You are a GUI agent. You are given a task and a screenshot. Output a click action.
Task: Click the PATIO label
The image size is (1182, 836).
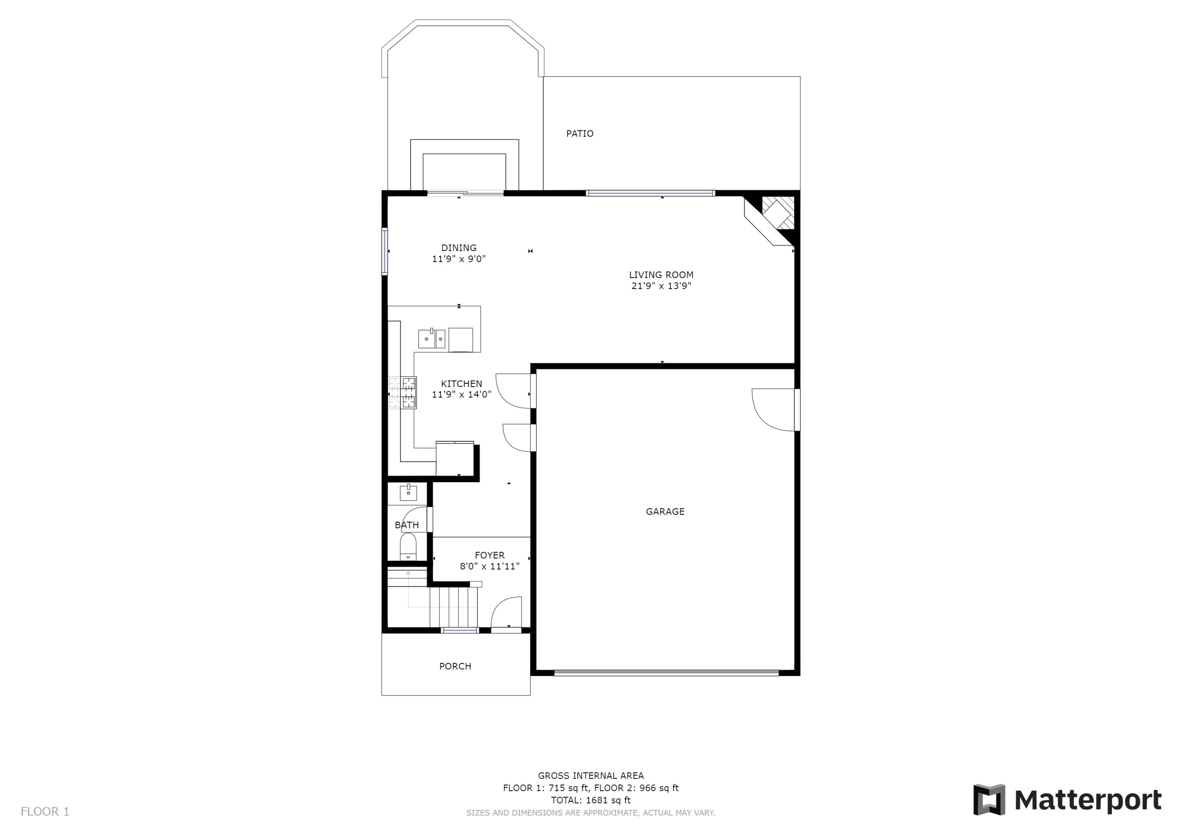(x=580, y=133)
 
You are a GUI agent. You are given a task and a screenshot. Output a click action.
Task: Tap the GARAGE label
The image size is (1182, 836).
(x=665, y=512)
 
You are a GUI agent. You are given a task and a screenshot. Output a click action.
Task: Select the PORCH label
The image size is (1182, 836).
(x=455, y=666)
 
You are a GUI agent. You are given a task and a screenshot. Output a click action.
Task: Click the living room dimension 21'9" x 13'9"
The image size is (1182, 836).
(x=661, y=286)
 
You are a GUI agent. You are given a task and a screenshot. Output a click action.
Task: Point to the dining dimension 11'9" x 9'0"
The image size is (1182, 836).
(x=459, y=259)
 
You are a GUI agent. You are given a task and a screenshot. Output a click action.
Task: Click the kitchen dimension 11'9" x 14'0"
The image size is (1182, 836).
(x=461, y=395)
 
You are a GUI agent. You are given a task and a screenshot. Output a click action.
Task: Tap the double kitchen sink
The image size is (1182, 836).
(x=431, y=339)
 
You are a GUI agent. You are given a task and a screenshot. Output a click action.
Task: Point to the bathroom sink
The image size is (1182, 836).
(x=408, y=493)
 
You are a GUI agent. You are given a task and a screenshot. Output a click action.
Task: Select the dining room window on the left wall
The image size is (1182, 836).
(x=384, y=251)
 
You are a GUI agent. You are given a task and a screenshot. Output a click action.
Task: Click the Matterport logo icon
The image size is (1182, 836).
(x=989, y=800)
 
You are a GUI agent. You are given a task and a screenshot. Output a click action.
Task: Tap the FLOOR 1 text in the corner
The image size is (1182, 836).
(x=45, y=812)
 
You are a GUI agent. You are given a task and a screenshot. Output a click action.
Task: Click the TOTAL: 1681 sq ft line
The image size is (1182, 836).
(x=591, y=800)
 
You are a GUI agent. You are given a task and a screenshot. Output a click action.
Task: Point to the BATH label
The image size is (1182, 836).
(x=407, y=525)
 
